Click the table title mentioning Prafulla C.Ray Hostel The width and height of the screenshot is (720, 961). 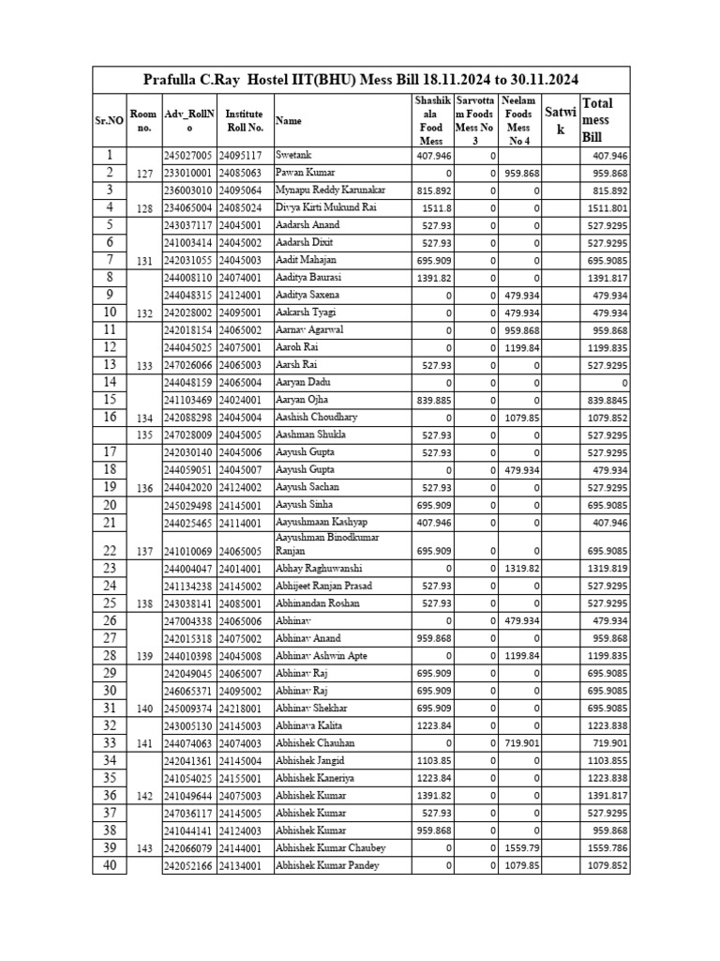pyautogui.click(x=361, y=80)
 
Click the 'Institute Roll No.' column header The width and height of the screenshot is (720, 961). pyautogui.click(x=244, y=120)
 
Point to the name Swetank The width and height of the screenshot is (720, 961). pyautogui.click(x=293, y=155)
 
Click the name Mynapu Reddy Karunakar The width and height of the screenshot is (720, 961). pyautogui.click(x=330, y=190)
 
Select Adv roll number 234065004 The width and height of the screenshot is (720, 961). pyautogui.click(x=188, y=207)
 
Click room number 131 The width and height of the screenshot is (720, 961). pyautogui.click(x=143, y=260)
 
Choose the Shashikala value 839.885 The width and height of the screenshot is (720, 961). pyautogui.click(x=433, y=400)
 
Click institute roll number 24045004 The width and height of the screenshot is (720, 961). pyautogui.click(x=244, y=418)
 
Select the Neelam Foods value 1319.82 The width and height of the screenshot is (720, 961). pyautogui.click(x=522, y=569)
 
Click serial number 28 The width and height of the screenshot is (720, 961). pyautogui.click(x=109, y=655)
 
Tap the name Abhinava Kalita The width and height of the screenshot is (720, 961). pyautogui.click(x=309, y=725)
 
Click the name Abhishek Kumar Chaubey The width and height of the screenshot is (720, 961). pyautogui.click(x=331, y=847)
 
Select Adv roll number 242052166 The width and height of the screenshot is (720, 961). pyautogui.click(x=188, y=865)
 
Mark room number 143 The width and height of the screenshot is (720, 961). pyautogui.click(x=143, y=847)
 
